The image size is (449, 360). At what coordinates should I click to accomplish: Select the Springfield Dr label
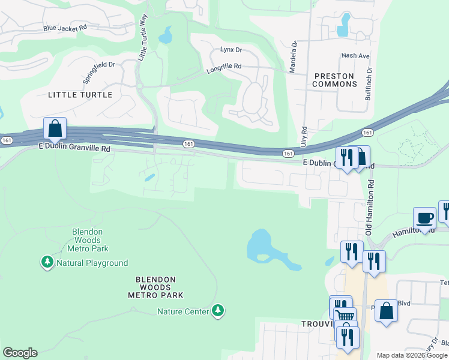click(98, 71)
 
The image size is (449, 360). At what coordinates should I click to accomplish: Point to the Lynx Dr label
click(231, 50)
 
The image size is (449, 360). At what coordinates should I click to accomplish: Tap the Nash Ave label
click(355, 56)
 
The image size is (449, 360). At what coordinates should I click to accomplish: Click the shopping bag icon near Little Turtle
click(55, 129)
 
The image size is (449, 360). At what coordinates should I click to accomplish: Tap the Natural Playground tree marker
click(47, 262)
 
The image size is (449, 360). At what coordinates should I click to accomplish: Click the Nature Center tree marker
click(219, 311)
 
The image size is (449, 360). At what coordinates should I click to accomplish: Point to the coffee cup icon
click(425, 218)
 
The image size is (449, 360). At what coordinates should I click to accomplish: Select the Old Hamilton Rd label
click(370, 208)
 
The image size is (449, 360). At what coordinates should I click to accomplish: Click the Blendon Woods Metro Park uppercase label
click(155, 287)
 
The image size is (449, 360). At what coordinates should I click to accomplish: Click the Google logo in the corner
click(20, 353)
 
